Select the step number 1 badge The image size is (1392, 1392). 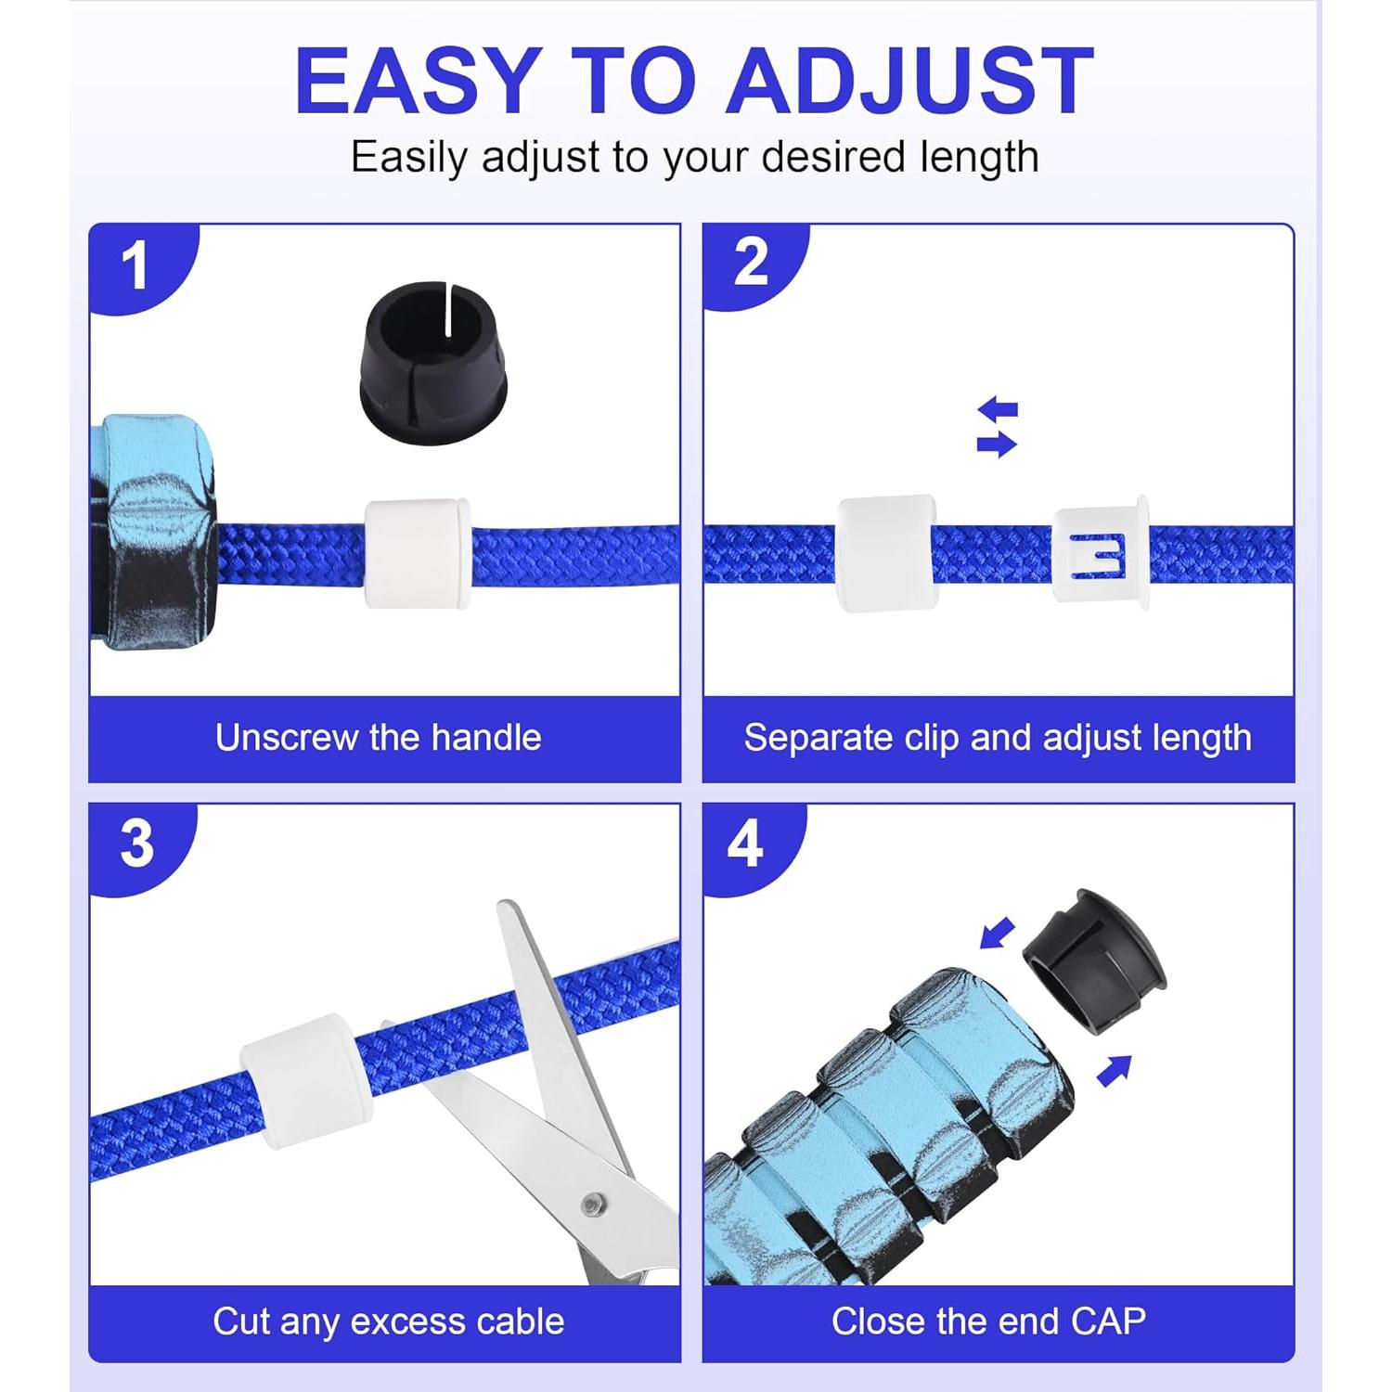[135, 266]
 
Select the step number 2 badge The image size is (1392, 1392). [750, 264]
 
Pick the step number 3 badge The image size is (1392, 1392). [136, 844]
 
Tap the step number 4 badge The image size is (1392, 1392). [745, 844]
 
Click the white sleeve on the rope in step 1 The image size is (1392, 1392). [417, 554]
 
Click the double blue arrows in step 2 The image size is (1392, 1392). [998, 427]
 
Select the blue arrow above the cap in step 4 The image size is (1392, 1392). [999, 934]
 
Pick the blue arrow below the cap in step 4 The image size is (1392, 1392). [1115, 1070]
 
